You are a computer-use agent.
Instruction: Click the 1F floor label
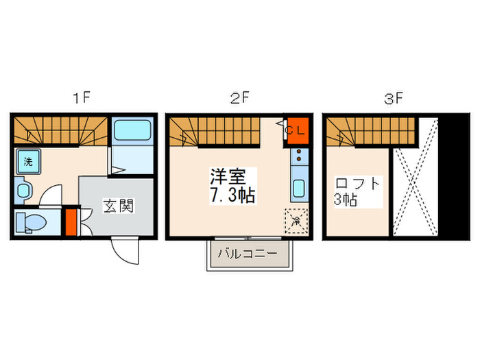(x=82, y=98)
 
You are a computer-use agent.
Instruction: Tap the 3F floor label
(x=392, y=98)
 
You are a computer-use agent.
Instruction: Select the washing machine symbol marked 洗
(x=28, y=162)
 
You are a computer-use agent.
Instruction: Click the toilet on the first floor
(x=32, y=222)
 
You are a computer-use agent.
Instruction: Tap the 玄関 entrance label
(x=118, y=205)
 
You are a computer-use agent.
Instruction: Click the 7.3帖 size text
(x=232, y=195)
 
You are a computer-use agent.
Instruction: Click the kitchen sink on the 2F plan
(x=299, y=187)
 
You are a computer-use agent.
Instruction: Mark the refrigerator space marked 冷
(x=296, y=221)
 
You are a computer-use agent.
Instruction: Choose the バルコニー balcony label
(x=248, y=254)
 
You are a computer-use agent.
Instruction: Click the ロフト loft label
(x=357, y=184)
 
